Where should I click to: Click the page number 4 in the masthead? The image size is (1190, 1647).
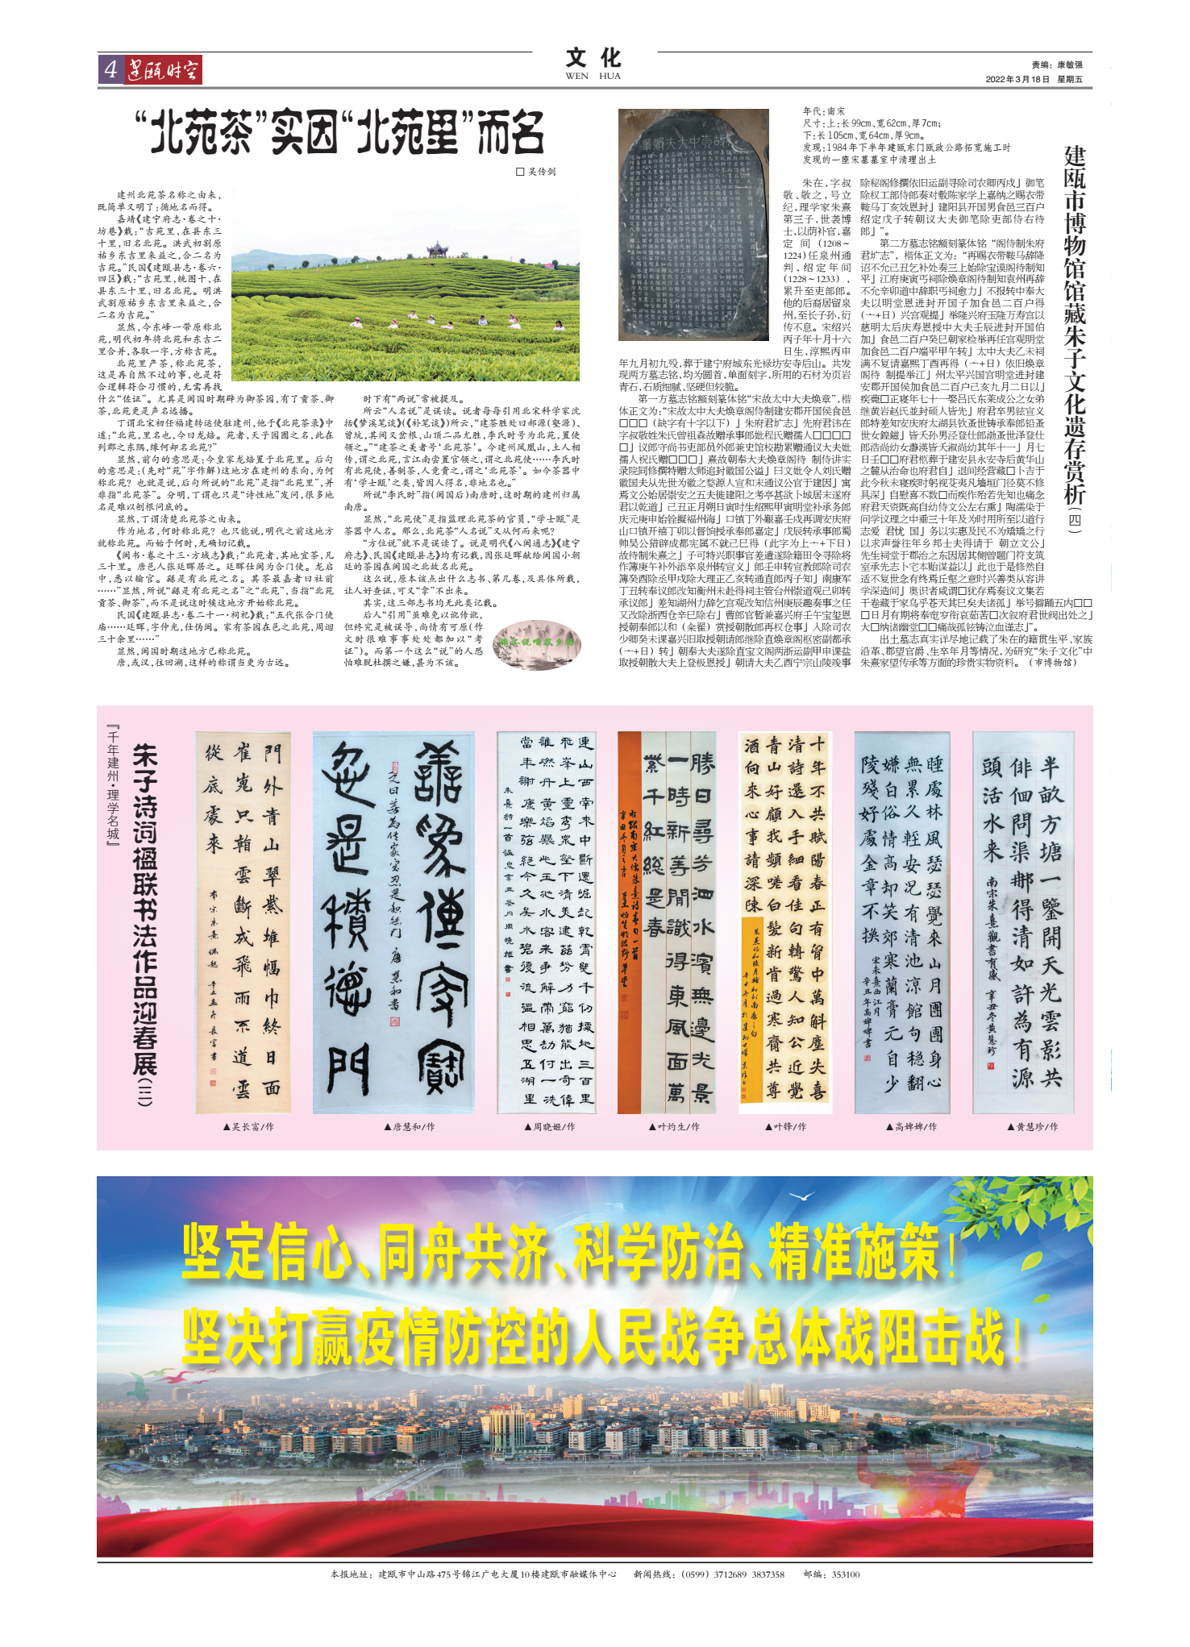(110, 70)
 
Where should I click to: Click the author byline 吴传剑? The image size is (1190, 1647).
(536, 172)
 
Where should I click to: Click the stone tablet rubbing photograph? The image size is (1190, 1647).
(693, 224)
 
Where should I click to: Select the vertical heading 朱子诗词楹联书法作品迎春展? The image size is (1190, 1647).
(145, 924)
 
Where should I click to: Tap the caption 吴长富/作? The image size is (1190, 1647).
(248, 1126)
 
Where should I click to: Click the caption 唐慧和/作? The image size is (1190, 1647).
(410, 1126)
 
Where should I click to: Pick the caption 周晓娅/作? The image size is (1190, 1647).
(549, 1126)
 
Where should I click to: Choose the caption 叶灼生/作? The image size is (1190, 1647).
(674, 1126)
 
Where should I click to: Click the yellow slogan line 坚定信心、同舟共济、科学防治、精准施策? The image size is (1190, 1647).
(568, 1252)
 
